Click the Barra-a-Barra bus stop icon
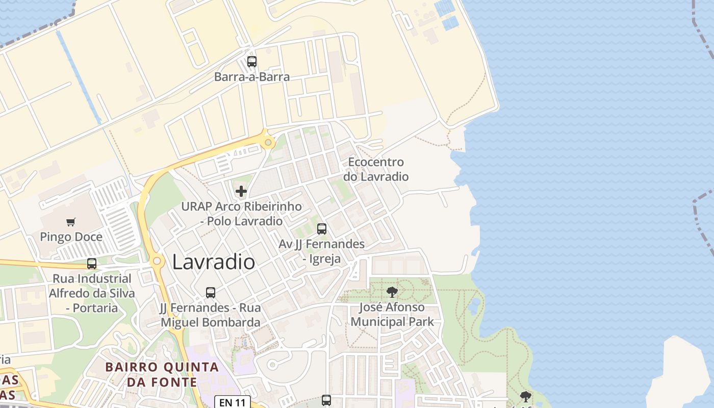(x=252, y=62)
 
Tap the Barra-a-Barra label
(x=252, y=77)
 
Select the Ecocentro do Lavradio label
(x=376, y=169)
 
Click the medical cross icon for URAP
(x=241, y=192)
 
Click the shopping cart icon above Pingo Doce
(x=71, y=222)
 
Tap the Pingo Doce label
(x=71, y=237)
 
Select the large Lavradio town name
(x=214, y=262)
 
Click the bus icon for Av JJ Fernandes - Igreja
(x=322, y=229)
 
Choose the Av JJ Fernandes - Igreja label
(x=322, y=251)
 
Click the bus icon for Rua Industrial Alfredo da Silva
(x=92, y=264)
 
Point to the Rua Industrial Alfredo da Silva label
(x=92, y=293)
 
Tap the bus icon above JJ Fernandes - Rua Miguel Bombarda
(x=211, y=293)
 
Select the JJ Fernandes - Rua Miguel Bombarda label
(x=211, y=315)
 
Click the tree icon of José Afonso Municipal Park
(x=392, y=292)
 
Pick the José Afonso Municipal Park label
(x=392, y=315)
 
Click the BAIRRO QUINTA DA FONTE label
(x=162, y=374)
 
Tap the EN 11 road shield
(x=233, y=402)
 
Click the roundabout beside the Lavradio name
(x=157, y=261)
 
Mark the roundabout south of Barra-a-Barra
(x=268, y=142)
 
